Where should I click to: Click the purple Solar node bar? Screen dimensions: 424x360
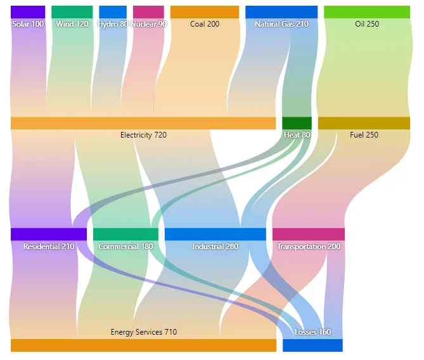[28, 12]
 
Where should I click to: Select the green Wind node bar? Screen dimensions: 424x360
[72, 12]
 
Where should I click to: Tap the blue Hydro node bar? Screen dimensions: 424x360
[113, 12]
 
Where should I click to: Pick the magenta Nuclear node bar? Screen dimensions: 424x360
[148, 12]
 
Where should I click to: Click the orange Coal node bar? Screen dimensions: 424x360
[205, 12]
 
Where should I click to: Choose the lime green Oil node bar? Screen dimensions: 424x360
[367, 12]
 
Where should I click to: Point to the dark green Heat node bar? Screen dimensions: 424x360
[297, 123]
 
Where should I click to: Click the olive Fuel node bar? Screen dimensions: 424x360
[364, 123]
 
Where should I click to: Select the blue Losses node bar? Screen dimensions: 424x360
[312, 345]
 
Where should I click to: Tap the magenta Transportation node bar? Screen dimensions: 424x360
[309, 235]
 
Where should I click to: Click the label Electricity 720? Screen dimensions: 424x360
[143, 135]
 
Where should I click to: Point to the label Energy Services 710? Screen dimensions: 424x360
[144, 332]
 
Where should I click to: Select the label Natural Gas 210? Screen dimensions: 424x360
[281, 24]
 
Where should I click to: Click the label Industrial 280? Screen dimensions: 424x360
[215, 247]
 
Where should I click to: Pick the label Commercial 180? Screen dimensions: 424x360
[125, 247]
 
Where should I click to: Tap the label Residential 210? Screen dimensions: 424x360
[49, 247]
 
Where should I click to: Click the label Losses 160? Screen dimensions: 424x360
[313, 332]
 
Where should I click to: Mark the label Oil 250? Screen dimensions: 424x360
[367, 24]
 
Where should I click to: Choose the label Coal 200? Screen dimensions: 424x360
[205, 24]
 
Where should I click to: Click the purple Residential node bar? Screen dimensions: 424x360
[49, 235]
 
